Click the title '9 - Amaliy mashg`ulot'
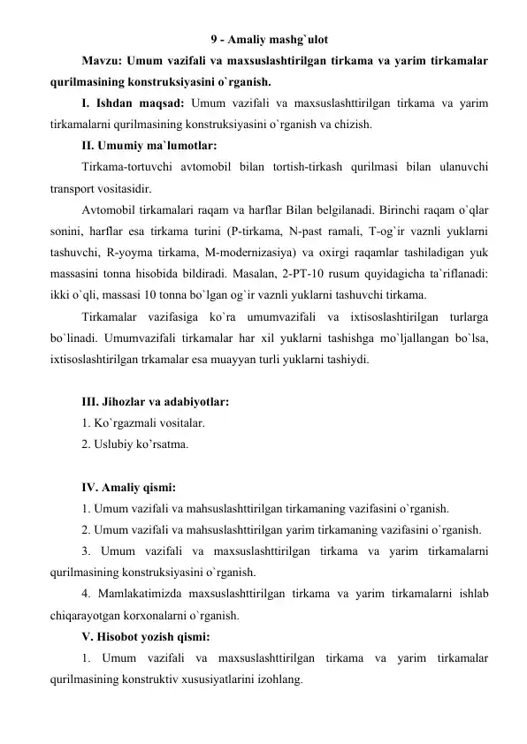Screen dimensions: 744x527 point(273,38)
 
